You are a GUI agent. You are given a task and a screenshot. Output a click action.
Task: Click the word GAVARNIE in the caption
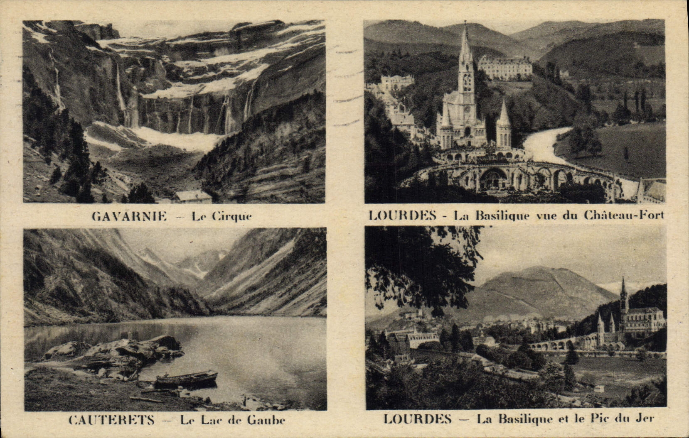click(x=129, y=216)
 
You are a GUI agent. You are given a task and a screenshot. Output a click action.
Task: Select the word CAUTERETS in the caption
click(x=111, y=420)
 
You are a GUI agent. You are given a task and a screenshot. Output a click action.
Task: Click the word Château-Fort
click(x=624, y=215)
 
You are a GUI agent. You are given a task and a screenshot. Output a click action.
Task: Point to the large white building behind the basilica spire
click(x=504, y=67)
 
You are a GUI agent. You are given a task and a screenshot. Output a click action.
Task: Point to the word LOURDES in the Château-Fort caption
click(x=402, y=215)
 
